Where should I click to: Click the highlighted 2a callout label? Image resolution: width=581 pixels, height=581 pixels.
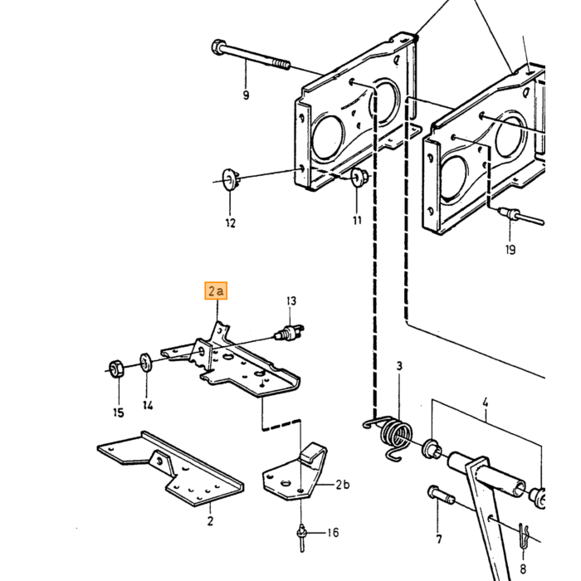click(x=216, y=290)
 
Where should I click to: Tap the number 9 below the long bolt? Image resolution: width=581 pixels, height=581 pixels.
click(x=246, y=95)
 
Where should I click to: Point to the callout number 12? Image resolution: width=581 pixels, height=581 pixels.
click(x=231, y=223)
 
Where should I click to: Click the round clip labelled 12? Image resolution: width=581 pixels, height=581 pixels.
click(x=230, y=180)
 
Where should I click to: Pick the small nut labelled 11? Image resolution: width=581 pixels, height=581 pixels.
click(x=359, y=177)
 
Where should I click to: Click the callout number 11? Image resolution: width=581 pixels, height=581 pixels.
click(x=357, y=221)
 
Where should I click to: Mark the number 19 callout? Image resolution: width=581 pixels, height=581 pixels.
click(x=510, y=250)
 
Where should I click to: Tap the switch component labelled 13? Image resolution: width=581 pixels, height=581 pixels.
click(x=289, y=332)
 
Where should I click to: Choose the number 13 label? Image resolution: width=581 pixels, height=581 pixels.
click(x=291, y=300)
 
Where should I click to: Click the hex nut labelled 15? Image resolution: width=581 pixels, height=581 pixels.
click(x=116, y=369)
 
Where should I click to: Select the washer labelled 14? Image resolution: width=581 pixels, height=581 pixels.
click(x=145, y=362)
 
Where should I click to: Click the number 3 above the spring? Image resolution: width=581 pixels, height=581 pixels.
click(x=399, y=366)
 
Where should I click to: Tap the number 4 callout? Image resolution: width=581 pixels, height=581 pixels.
click(x=486, y=402)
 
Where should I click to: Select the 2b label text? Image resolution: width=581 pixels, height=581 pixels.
click(x=343, y=485)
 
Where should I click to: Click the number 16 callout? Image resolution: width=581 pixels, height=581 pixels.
click(x=334, y=533)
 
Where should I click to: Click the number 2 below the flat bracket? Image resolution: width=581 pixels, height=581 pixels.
click(x=210, y=521)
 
